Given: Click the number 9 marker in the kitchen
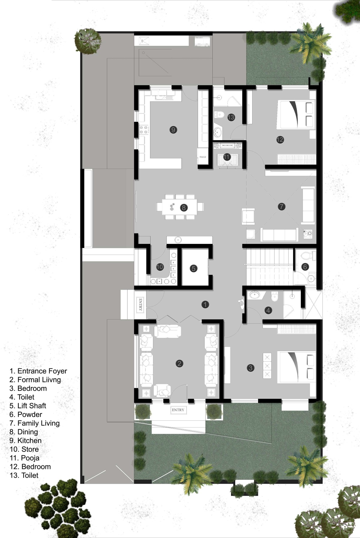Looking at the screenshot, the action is (x=173, y=130).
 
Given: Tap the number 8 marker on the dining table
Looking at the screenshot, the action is (x=184, y=207).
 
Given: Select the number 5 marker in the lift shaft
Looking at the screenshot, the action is (x=193, y=268).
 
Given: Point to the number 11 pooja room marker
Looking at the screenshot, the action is (x=227, y=157).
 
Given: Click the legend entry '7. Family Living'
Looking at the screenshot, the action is (x=34, y=423).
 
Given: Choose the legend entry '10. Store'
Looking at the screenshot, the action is (x=24, y=449).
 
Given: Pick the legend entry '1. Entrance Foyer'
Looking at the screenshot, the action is (x=38, y=371).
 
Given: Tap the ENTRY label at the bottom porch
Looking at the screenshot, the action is (x=178, y=410).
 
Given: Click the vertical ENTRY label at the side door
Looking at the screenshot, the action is (x=140, y=305).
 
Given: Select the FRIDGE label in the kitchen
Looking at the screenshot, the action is (x=203, y=157).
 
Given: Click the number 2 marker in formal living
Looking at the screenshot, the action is (x=179, y=364).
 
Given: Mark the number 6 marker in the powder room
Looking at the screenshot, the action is (x=305, y=266).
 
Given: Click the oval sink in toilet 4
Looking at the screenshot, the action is (x=254, y=295).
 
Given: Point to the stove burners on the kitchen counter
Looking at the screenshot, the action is (x=143, y=130).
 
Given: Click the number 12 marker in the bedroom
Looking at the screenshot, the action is (x=280, y=140).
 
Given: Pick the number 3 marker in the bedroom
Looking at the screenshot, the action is (x=250, y=368).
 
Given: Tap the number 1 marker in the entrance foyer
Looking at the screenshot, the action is (x=205, y=305).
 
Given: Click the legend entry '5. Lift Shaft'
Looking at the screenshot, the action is (x=28, y=406).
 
